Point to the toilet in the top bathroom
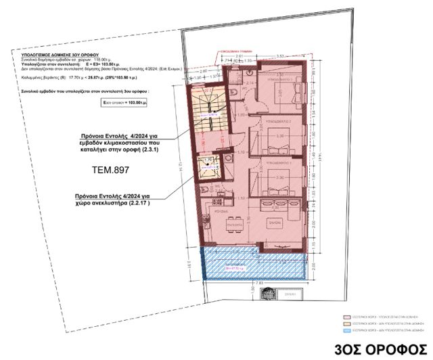click(x=232, y=92)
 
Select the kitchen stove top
click(x=214, y=196)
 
